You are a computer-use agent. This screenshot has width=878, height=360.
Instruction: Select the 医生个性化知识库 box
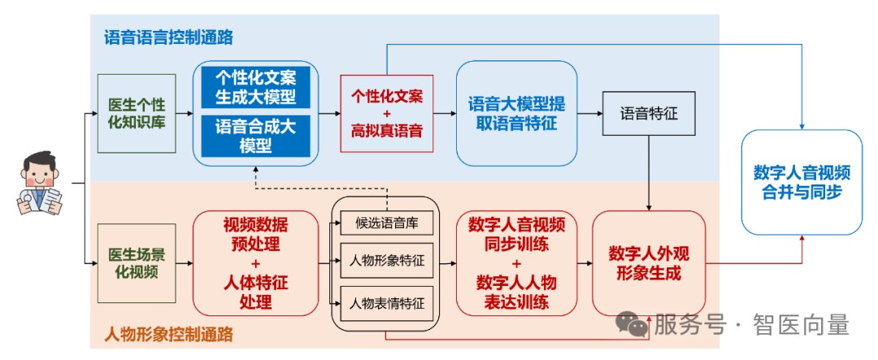[137, 114]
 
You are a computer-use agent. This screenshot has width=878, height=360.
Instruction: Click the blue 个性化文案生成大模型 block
[255, 88]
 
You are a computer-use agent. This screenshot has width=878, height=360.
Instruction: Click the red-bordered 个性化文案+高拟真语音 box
[387, 112]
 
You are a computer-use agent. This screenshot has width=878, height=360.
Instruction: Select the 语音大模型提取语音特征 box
[511, 113]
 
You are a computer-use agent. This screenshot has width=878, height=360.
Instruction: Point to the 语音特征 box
[649, 114]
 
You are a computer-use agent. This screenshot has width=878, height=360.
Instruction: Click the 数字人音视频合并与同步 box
[802, 182]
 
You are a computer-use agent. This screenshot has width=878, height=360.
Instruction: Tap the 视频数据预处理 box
[255, 262]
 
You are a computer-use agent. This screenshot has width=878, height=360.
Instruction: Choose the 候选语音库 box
[387, 223]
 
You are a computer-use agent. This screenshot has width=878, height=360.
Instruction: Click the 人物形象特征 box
[387, 261]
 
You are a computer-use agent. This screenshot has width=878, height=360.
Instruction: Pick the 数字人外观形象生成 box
[649, 262]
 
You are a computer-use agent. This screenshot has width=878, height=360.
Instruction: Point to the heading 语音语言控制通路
[174, 37]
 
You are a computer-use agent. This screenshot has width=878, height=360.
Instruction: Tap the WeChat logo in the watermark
[632, 325]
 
